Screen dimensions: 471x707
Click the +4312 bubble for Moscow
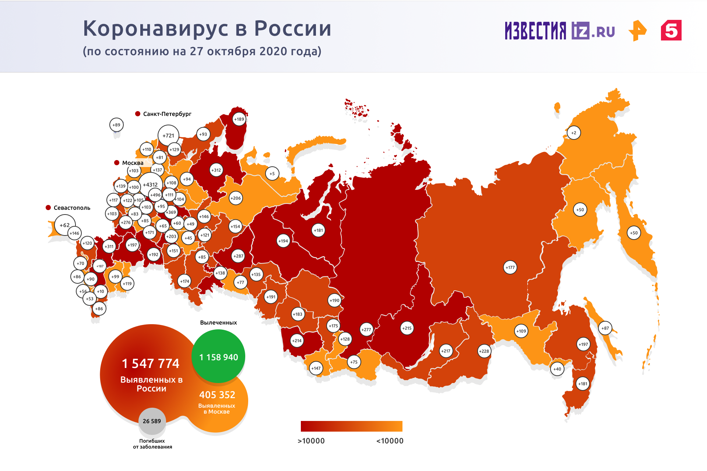coord(150,185)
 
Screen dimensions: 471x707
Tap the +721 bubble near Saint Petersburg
coord(168,135)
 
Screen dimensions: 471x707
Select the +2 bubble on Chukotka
coord(574,133)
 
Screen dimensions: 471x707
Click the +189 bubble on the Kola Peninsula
coord(239,119)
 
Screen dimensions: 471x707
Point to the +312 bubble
coord(216,170)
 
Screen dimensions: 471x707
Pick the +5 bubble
coord(272,174)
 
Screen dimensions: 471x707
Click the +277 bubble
coord(366,330)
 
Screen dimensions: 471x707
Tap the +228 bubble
coord(484,351)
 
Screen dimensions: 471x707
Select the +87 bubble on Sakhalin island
coord(605,328)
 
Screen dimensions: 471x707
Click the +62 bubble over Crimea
coord(65,225)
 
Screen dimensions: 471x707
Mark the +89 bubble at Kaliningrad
coord(116,125)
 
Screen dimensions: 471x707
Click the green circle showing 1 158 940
coord(218,356)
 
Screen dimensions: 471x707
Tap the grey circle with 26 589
coord(152,421)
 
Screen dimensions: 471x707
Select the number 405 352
coord(217,395)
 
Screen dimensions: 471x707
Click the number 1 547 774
coord(151,364)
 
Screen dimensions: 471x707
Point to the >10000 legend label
coord(311,441)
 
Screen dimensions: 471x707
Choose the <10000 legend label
coord(390,441)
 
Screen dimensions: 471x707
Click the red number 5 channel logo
coord(671,30)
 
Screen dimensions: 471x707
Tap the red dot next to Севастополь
coord(48,208)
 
